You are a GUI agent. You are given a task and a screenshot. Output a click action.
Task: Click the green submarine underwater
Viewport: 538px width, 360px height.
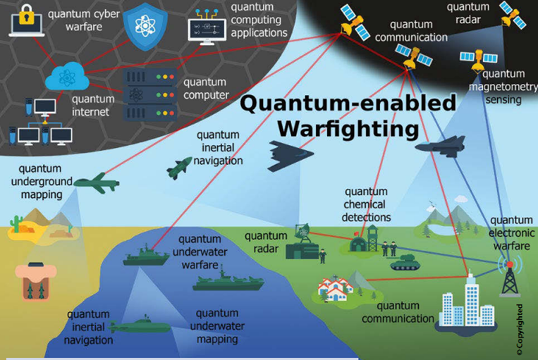pyautogui.click(x=141, y=326)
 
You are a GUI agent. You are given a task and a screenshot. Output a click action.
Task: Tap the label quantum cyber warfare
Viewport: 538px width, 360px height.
pyautogui.click(x=78, y=18)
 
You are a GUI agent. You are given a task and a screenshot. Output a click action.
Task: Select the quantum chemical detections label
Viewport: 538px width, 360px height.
pyautogui.click(x=367, y=204)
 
